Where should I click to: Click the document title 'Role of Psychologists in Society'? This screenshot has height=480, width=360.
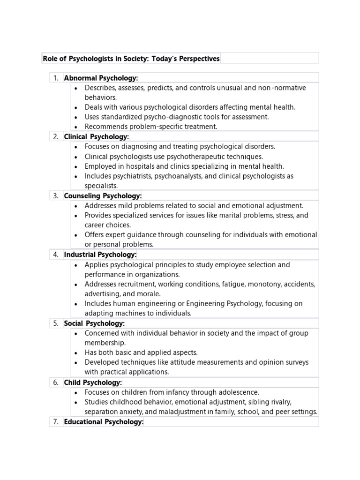point(131,59)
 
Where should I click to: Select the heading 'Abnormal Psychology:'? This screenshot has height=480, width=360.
point(101,78)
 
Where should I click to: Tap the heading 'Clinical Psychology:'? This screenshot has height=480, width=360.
point(96,136)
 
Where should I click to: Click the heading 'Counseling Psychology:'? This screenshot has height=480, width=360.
point(103,195)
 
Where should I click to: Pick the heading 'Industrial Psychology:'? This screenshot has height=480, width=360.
point(100,255)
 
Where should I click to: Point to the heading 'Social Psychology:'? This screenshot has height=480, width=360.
point(94,323)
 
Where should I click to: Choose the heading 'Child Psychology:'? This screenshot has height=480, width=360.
point(93,382)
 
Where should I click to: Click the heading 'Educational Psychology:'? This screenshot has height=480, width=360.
point(104,422)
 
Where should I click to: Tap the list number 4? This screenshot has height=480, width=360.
point(55,255)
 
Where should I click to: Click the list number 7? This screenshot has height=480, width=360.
point(55,422)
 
